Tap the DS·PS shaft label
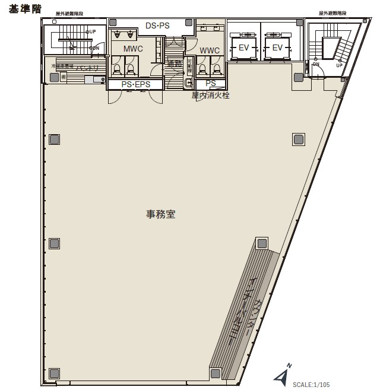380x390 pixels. click(157, 25)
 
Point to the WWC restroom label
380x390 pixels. click(210, 50)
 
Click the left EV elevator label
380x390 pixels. click(244, 48)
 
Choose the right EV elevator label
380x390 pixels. click(277, 48)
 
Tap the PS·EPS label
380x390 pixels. click(135, 85)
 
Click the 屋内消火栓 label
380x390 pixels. click(210, 95)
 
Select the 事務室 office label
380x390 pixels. click(161, 214)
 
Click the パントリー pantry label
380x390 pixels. click(87, 68)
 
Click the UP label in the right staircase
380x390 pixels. click(339, 65)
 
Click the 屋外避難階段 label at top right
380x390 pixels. click(333, 12)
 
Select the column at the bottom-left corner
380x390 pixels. click(54, 373)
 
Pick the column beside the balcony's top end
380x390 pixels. click(261, 243)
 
